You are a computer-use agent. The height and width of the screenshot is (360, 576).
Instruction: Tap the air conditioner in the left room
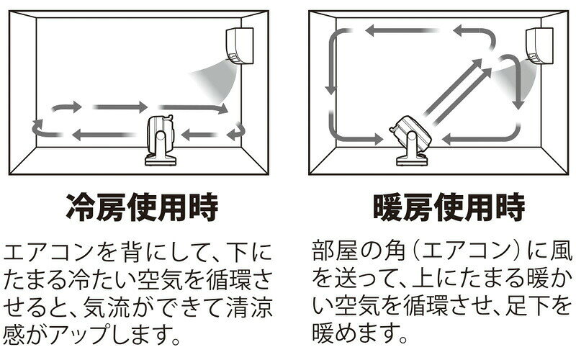coord(240,46)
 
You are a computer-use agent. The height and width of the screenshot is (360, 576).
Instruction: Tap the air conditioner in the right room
coord(539,46)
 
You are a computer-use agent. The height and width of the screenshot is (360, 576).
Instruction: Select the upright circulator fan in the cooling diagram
coord(160,140)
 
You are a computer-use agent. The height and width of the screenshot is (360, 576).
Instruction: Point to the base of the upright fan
coord(161,160)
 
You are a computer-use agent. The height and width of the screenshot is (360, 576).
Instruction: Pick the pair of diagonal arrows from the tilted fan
coord(457,92)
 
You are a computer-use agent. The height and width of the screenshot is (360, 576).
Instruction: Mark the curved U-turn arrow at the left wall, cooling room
coord(43,129)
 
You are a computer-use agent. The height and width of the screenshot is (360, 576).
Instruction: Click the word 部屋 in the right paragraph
coord(334,251)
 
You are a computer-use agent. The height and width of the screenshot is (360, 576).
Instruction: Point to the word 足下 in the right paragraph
coord(527,305)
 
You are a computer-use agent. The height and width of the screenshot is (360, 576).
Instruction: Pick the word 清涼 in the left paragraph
coord(250,307)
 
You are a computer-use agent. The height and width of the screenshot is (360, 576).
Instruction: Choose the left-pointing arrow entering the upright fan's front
coord(200,135)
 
